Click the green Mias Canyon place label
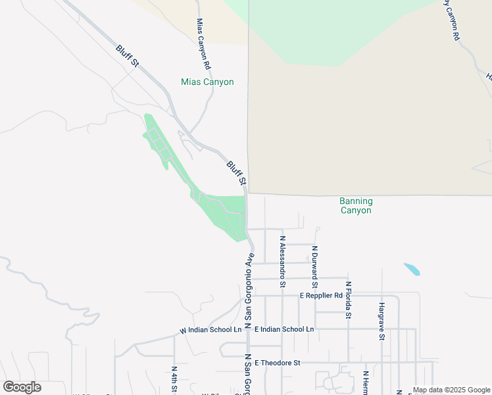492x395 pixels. [207, 82]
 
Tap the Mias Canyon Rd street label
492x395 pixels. [203, 44]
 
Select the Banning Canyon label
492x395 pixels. [356, 206]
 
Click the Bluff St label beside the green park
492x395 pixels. [237, 172]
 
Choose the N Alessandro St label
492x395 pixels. [282, 261]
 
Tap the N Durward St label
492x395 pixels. [315, 267]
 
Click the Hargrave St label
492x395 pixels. [381, 321]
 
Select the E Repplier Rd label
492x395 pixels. [322, 296]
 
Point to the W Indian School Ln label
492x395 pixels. [211, 330]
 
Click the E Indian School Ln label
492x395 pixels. [284, 329]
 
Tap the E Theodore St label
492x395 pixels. [277, 363]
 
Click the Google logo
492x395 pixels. [22, 387]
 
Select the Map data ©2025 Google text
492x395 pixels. [451, 390]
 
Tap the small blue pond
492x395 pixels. [412, 269]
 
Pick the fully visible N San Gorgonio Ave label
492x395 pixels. [249, 290]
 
